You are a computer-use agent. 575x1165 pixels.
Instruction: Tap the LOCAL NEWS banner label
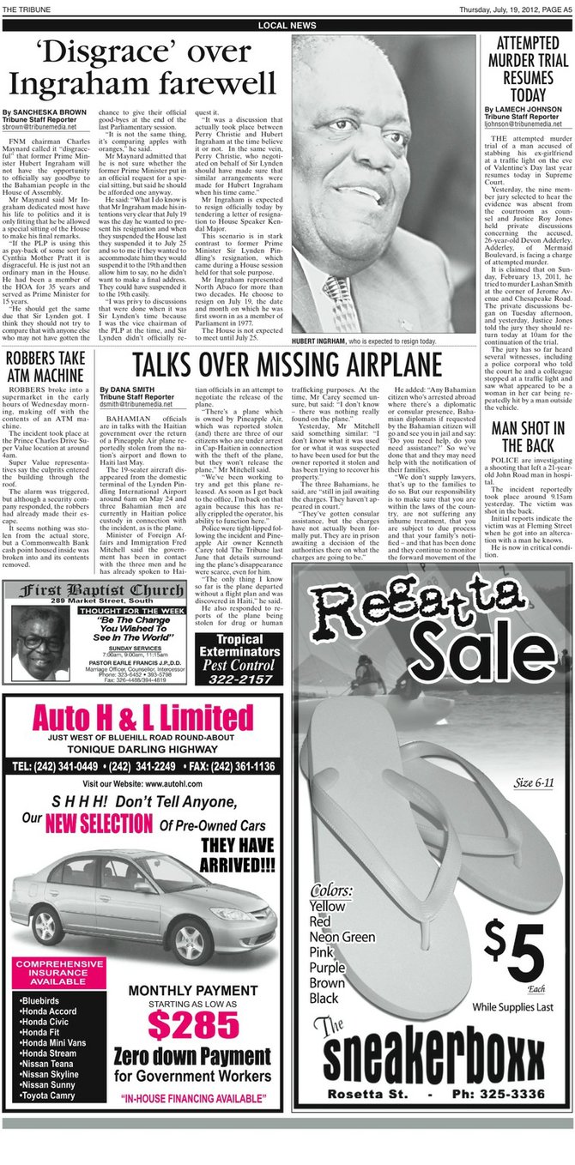287,26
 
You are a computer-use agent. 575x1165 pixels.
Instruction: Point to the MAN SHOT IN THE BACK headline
529,437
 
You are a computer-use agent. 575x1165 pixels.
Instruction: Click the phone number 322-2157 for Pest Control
239,679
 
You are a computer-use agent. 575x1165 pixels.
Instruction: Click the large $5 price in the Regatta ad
516,950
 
